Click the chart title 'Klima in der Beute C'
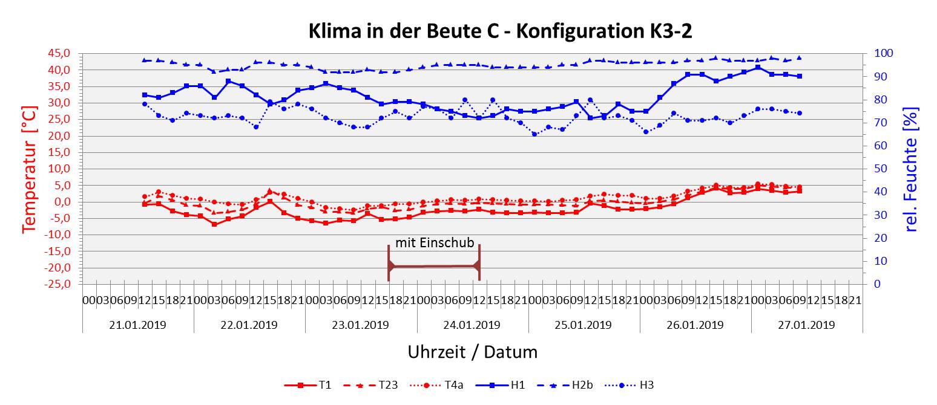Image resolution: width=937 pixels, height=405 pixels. pyautogui.click(x=500, y=31)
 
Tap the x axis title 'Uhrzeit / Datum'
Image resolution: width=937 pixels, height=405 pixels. pyautogui.click(x=472, y=351)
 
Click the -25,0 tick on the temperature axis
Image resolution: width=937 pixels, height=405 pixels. pyautogui.click(x=64, y=284)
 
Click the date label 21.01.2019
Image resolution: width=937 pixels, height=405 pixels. pyautogui.click(x=138, y=325)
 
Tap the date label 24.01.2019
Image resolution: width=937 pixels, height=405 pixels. pyautogui.click(x=472, y=325)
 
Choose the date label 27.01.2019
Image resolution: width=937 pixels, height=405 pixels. pyautogui.click(x=806, y=325)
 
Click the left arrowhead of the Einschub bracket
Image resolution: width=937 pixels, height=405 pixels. pyautogui.click(x=392, y=266)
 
